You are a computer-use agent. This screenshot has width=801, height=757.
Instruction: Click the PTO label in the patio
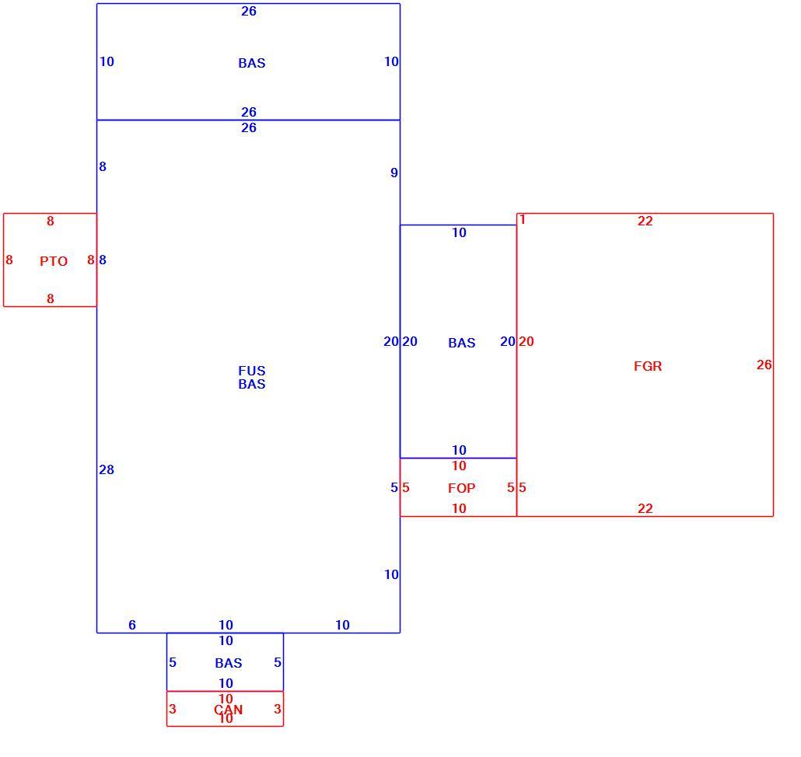tap(54, 261)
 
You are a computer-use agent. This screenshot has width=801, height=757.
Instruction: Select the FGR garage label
tap(648, 366)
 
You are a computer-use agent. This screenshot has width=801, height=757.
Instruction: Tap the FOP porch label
tap(461, 488)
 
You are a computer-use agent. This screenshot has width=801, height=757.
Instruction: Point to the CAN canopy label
tap(229, 710)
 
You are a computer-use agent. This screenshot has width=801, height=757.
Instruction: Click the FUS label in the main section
tap(252, 371)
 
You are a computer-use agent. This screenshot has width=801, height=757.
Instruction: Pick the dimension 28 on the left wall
tap(107, 469)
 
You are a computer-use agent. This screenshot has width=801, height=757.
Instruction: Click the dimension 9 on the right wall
tap(394, 173)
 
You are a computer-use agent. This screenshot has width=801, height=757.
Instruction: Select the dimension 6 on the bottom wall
tap(131, 625)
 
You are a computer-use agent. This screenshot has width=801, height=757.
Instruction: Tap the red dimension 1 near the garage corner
tap(523, 219)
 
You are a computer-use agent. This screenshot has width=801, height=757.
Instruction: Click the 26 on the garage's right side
tap(764, 365)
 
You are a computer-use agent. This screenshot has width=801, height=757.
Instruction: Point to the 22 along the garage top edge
tap(645, 221)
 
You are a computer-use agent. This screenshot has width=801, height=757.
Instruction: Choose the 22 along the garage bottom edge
tap(645, 508)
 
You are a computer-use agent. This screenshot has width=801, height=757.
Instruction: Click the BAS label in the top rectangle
tap(252, 63)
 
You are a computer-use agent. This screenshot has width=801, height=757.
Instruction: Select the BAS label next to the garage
tap(462, 343)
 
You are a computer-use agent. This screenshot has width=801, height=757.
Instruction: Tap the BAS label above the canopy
tap(229, 662)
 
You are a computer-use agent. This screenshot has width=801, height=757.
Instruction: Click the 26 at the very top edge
tap(249, 11)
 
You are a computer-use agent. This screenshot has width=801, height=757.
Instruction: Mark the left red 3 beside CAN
tap(173, 709)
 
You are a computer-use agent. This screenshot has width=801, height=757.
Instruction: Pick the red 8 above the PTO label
tap(50, 221)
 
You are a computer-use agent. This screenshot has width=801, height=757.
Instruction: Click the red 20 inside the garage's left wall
tap(526, 341)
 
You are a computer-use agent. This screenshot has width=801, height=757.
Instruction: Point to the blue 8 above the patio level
tap(103, 166)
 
